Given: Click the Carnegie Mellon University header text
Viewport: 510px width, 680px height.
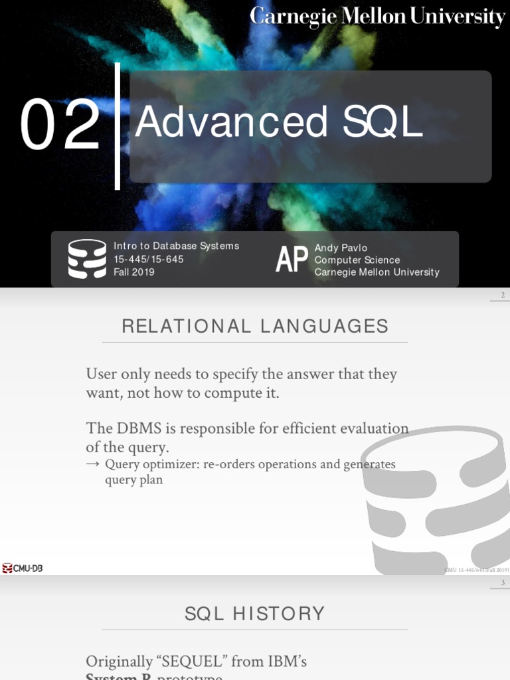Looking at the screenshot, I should [x=377, y=17].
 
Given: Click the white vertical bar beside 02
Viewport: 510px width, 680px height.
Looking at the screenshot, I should [x=118, y=126].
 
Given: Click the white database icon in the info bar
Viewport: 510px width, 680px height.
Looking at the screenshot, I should [x=87, y=259].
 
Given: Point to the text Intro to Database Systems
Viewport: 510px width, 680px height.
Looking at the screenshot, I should [x=176, y=246].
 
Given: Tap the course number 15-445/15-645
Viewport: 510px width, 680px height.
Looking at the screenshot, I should [x=149, y=259].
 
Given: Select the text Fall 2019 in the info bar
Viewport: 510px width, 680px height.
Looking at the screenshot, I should [x=134, y=272].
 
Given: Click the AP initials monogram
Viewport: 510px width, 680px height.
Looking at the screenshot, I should [x=292, y=260].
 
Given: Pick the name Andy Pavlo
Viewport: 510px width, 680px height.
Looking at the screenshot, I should [x=341, y=248].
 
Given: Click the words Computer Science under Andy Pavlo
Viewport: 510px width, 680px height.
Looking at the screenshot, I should [x=357, y=260].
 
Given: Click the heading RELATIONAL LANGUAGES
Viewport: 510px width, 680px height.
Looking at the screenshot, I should [x=255, y=326].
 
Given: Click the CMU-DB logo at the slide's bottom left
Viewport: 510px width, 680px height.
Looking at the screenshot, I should [x=23, y=568].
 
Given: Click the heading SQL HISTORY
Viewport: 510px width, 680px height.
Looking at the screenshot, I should [x=255, y=614].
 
